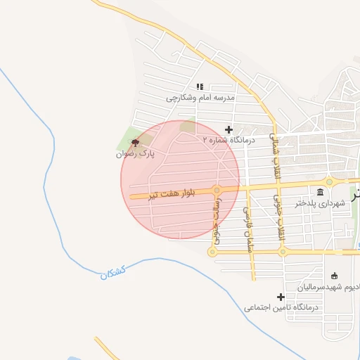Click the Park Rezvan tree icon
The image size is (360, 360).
[x=135, y=142]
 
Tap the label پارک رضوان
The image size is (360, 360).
[x=135, y=153]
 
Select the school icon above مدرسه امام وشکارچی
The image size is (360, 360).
[x=200, y=86]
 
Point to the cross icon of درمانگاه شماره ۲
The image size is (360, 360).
[x=229, y=129]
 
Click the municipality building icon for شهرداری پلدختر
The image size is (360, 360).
[x=321, y=193]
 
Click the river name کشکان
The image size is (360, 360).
[x=112, y=274]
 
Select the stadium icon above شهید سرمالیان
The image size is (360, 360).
[x=334, y=276]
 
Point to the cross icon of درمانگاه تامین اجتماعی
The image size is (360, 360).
[x=281, y=297]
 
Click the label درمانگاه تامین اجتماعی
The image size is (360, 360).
[x=281, y=307]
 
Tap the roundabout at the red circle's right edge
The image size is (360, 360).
[x=217, y=190]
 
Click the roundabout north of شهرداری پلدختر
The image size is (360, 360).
[x=329, y=182]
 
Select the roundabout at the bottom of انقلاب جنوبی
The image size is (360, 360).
[x=282, y=251]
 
